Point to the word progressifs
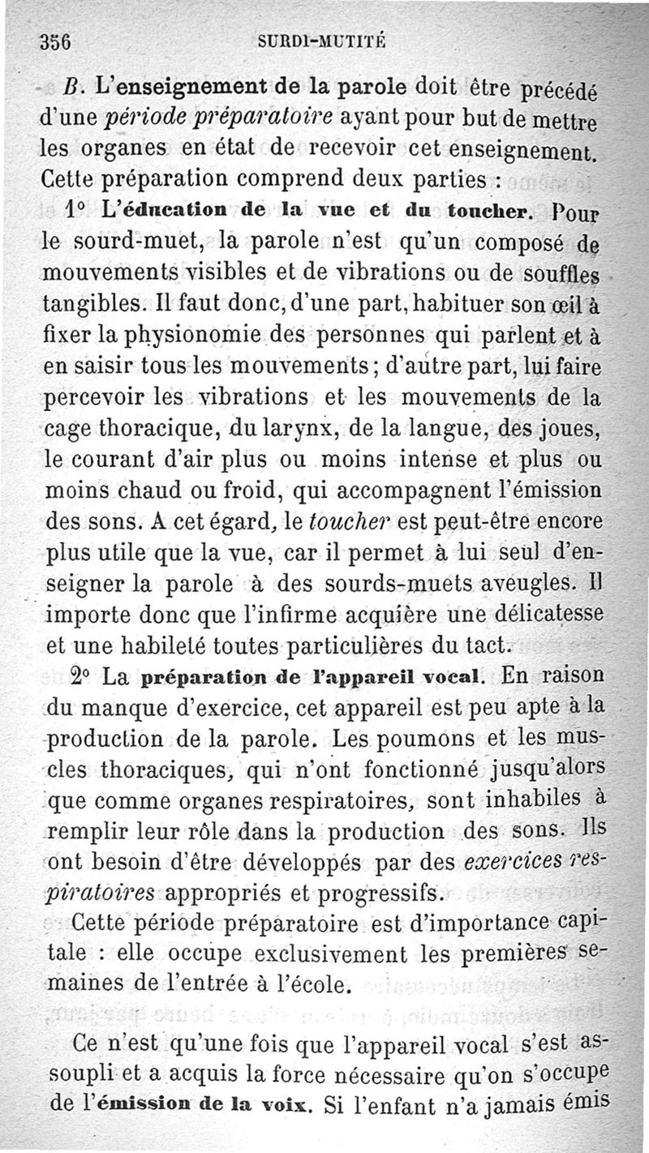381,894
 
